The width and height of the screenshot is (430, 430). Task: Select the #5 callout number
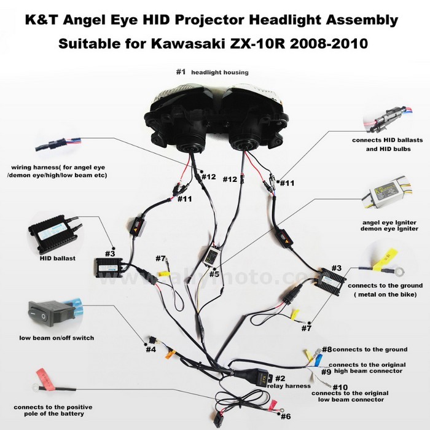tap(213, 274)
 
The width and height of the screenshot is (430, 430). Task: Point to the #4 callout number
tap(150, 350)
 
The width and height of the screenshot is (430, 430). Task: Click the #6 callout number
tap(285, 415)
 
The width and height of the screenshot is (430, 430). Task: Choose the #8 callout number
tap(327, 349)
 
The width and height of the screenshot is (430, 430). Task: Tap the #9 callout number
tap(326, 372)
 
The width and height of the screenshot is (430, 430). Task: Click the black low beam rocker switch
tap(46, 311)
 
